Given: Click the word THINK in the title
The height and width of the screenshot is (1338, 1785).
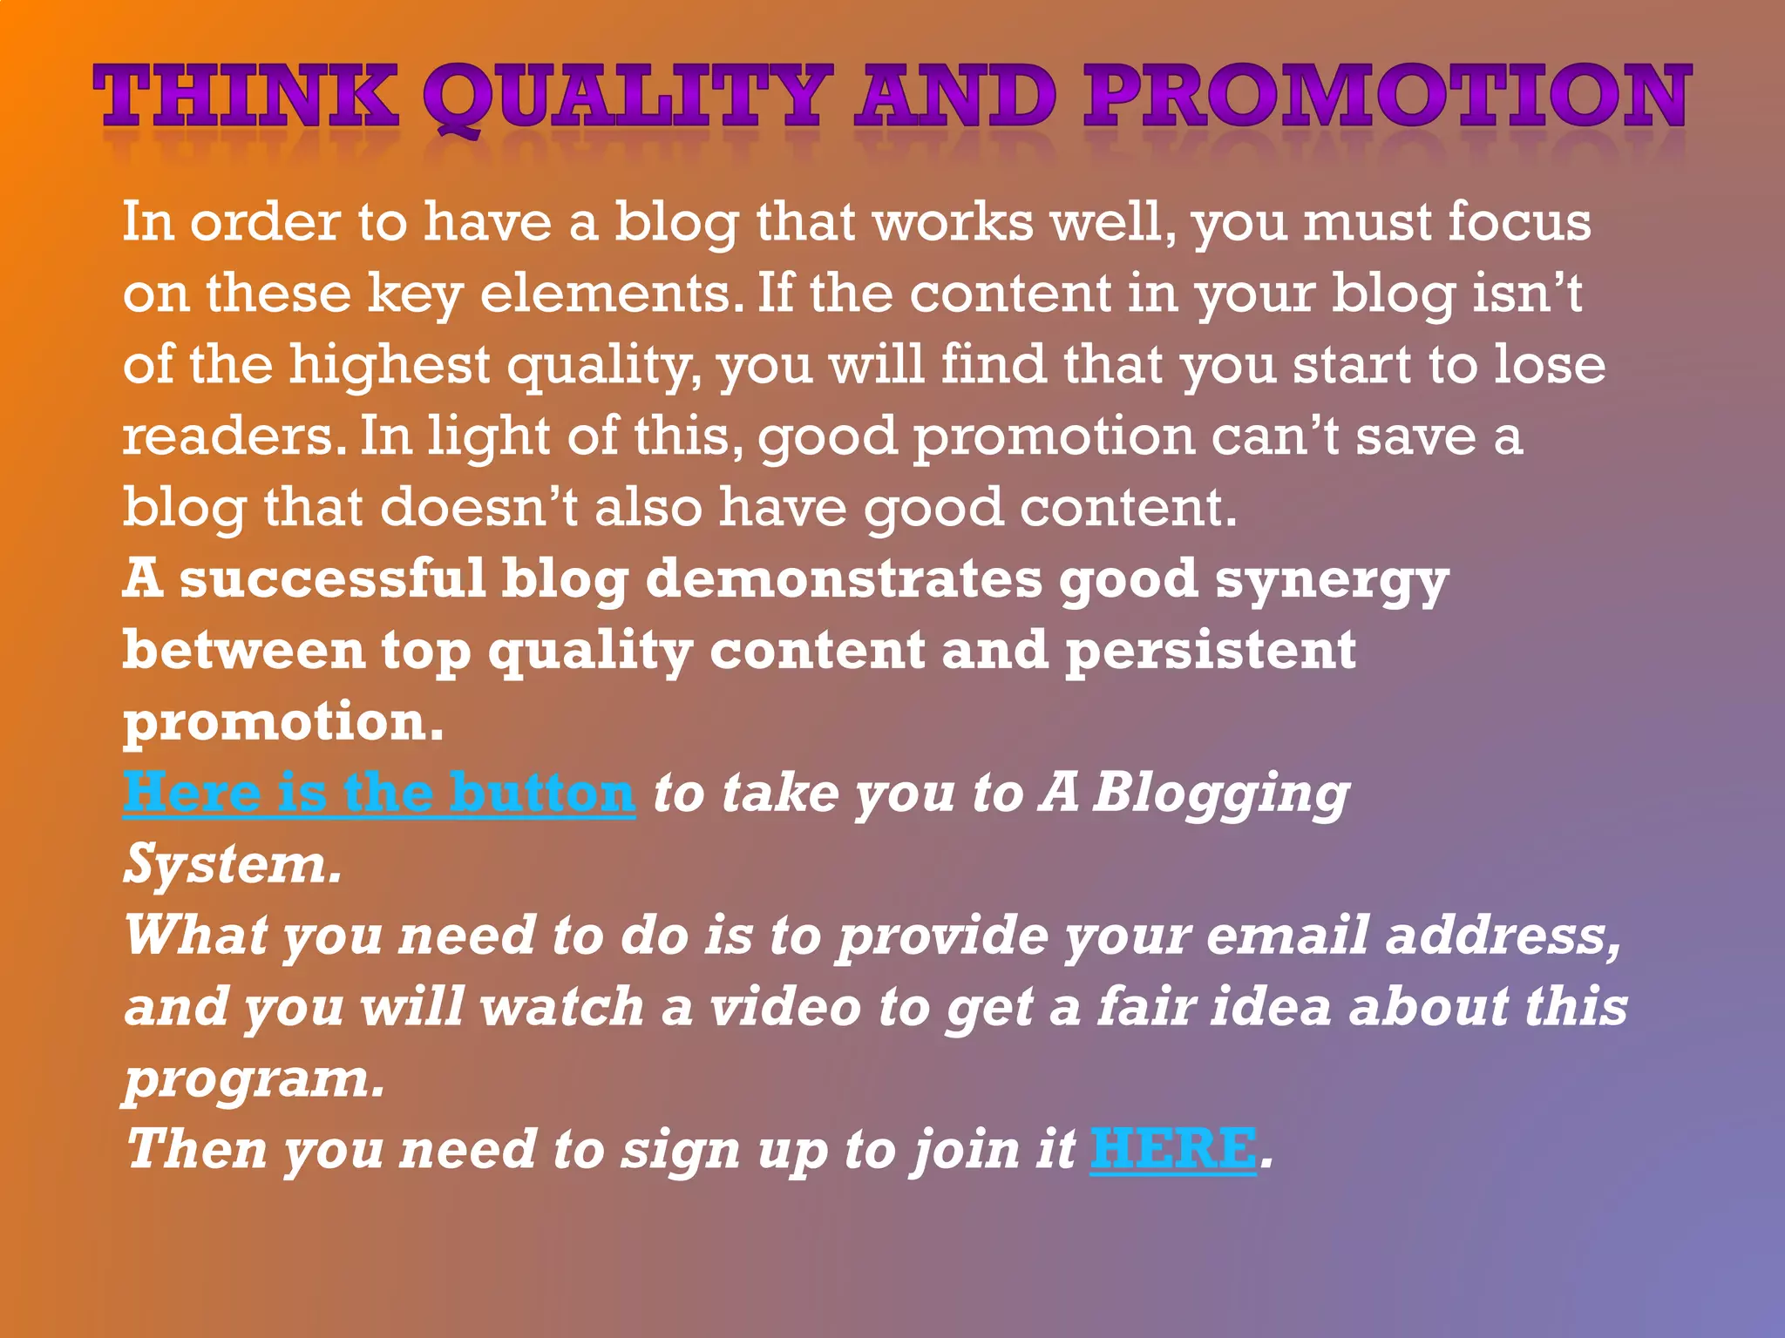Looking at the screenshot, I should pos(246,98).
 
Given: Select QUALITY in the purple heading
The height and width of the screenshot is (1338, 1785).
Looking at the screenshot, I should pos(624,98).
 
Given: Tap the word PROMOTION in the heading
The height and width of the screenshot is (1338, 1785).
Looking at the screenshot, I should pos(1386,98).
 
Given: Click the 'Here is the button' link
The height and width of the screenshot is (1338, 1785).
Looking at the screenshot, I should pos(379,793).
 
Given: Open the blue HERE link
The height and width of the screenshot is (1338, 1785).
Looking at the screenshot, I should pos(1173,1149).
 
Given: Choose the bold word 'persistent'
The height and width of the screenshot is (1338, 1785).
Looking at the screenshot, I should pos(1211,652).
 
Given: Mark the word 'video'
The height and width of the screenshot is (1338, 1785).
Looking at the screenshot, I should pos(785,1007).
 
